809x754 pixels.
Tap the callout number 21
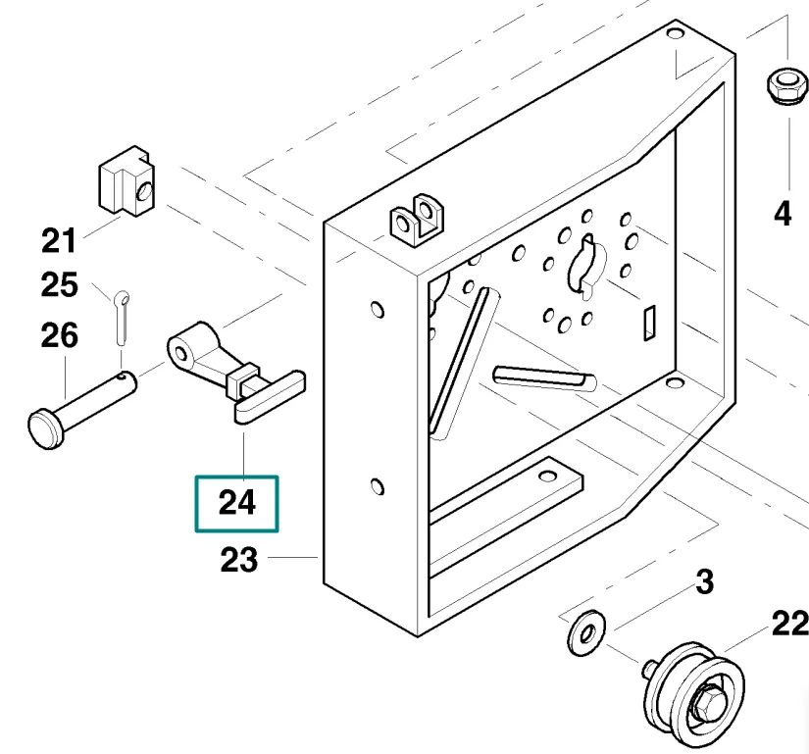(x=59, y=238)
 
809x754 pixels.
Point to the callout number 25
(x=59, y=285)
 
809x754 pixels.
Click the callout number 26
(x=59, y=336)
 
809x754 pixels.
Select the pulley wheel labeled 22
(x=691, y=692)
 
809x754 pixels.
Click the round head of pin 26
(x=43, y=429)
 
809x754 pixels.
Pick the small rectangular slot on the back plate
(x=647, y=323)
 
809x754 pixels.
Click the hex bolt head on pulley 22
(x=707, y=704)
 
